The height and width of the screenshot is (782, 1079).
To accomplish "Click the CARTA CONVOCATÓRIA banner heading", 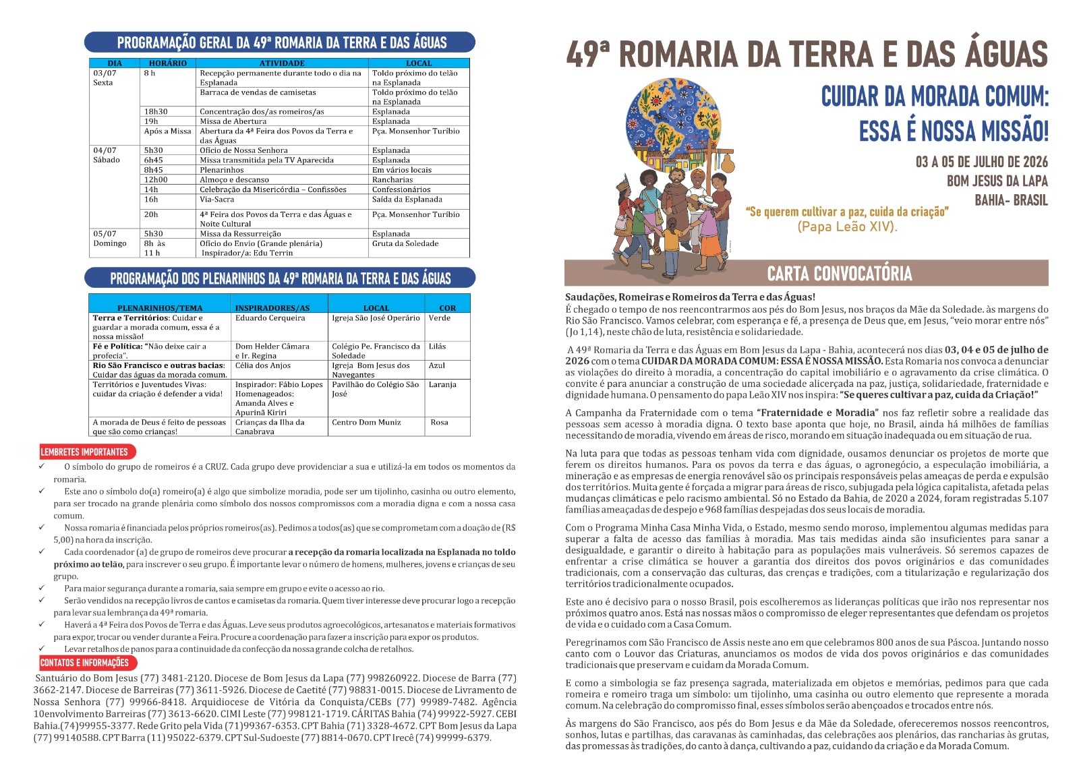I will click(x=839, y=274).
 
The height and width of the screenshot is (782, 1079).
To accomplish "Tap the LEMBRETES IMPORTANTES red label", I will click(x=84, y=452).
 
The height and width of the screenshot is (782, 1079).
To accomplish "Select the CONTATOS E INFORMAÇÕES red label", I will click(x=84, y=663).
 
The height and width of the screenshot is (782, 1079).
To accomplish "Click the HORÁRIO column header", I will click(x=168, y=63).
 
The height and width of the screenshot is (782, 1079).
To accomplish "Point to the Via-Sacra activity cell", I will click(x=217, y=200).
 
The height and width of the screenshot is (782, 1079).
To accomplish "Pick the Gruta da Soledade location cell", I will click(x=405, y=243).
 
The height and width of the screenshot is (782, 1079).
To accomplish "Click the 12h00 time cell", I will click(x=156, y=180).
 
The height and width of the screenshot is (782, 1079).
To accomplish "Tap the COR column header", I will click(x=448, y=308).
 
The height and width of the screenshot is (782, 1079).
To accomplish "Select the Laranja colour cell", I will click(x=442, y=384).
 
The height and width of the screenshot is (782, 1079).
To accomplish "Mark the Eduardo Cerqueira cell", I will click(x=270, y=318).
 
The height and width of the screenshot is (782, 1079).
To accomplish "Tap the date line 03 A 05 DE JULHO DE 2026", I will click(x=981, y=162).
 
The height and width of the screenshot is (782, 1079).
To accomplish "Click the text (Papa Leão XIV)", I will click(x=847, y=227).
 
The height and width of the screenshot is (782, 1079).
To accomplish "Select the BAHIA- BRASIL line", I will click(x=1011, y=200).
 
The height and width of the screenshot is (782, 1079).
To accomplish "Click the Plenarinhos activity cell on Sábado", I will click(x=221, y=170).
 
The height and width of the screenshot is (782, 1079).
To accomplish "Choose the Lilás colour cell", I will click(x=437, y=346).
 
